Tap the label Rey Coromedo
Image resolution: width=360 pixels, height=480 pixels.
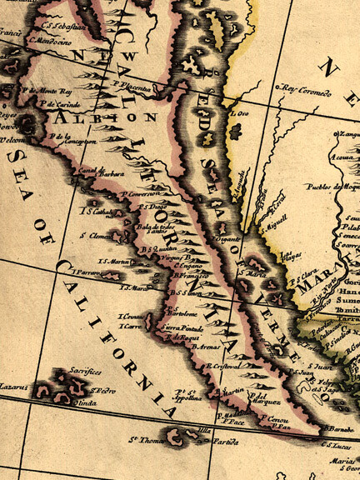(304, 89)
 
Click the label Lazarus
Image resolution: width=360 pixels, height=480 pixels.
(15, 388)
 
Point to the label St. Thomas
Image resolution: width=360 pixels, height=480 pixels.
(144, 440)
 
